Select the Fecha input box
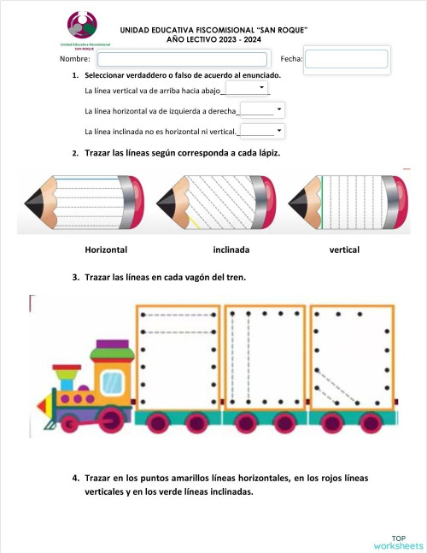(x=346, y=59)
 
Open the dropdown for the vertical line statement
(x=246, y=88)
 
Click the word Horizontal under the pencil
(x=106, y=250)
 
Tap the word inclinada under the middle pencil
(x=231, y=250)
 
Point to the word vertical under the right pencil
(x=344, y=250)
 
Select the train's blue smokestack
(x=65, y=377)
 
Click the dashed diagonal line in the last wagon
(x=336, y=385)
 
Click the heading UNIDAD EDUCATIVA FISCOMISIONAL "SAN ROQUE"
(x=213, y=30)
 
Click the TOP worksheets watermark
(x=398, y=541)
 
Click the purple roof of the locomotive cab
(x=107, y=345)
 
